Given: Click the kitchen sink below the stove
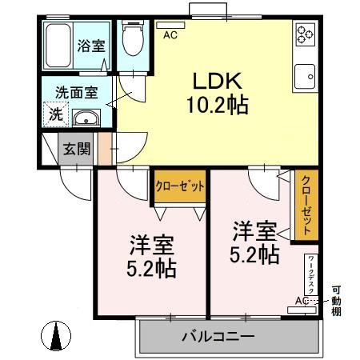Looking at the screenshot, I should point(305,77).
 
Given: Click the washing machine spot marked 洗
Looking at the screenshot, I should point(54,114).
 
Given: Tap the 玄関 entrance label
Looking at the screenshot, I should point(77,148).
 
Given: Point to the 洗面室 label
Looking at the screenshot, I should point(76,91).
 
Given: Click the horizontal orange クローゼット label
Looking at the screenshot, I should point(179,186).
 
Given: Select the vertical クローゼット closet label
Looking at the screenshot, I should point(306,203).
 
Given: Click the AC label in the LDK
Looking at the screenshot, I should point(170,36).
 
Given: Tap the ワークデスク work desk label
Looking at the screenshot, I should point(311,274).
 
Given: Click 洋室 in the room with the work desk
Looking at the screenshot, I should point(256,233).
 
